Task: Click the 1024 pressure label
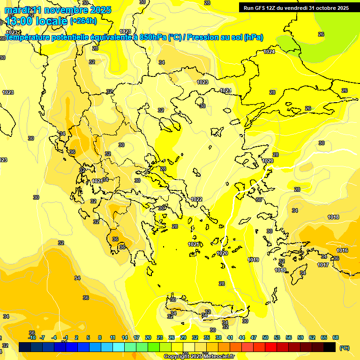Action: click(x=269, y=52)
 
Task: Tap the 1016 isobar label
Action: click(x=342, y=251)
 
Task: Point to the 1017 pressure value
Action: click(x=323, y=265)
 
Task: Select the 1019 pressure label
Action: click(x=254, y=260)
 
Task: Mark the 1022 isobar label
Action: click(x=196, y=199)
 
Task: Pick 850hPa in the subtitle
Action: click(x=153, y=37)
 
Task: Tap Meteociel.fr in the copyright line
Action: click(x=215, y=356)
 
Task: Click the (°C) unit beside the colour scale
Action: click(x=345, y=348)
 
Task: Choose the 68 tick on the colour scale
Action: click(x=336, y=337)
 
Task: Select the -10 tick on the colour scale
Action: click(x=32, y=337)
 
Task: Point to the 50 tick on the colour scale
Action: click(x=265, y=337)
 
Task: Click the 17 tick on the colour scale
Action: click(x=136, y=337)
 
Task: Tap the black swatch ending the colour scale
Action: click(x=330, y=347)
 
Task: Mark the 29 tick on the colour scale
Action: click(x=183, y=337)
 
